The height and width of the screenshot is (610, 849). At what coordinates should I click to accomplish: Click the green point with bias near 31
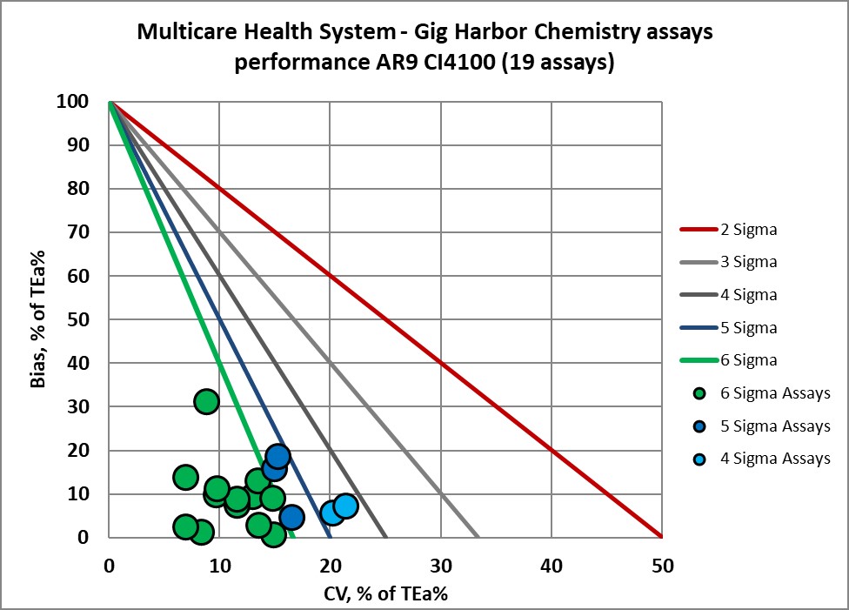tap(206, 401)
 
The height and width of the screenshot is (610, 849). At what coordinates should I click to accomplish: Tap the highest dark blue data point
tap(277, 456)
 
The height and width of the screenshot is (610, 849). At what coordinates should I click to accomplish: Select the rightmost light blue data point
tap(345, 506)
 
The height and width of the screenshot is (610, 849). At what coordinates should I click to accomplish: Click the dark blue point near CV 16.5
tap(291, 517)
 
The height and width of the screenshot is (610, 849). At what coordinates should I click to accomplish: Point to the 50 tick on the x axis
tap(662, 566)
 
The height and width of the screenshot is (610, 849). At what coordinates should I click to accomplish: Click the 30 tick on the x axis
tap(441, 566)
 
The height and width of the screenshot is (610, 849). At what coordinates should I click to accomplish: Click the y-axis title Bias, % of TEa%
tap(40, 319)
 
